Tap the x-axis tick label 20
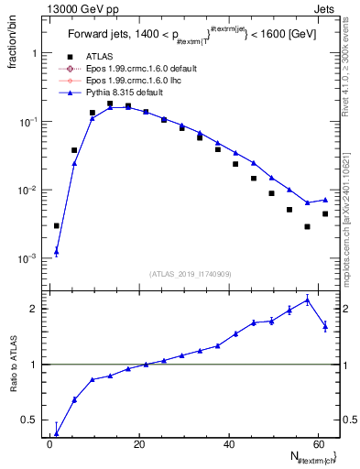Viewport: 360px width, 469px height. click(x=138, y=445)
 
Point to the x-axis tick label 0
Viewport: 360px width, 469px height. click(x=49, y=445)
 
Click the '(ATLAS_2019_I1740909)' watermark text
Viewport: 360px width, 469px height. click(x=190, y=274)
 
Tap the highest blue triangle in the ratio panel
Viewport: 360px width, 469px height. click(x=307, y=300)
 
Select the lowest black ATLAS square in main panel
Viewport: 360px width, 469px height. click(x=307, y=226)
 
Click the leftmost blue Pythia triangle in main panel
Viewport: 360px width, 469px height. click(x=57, y=251)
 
